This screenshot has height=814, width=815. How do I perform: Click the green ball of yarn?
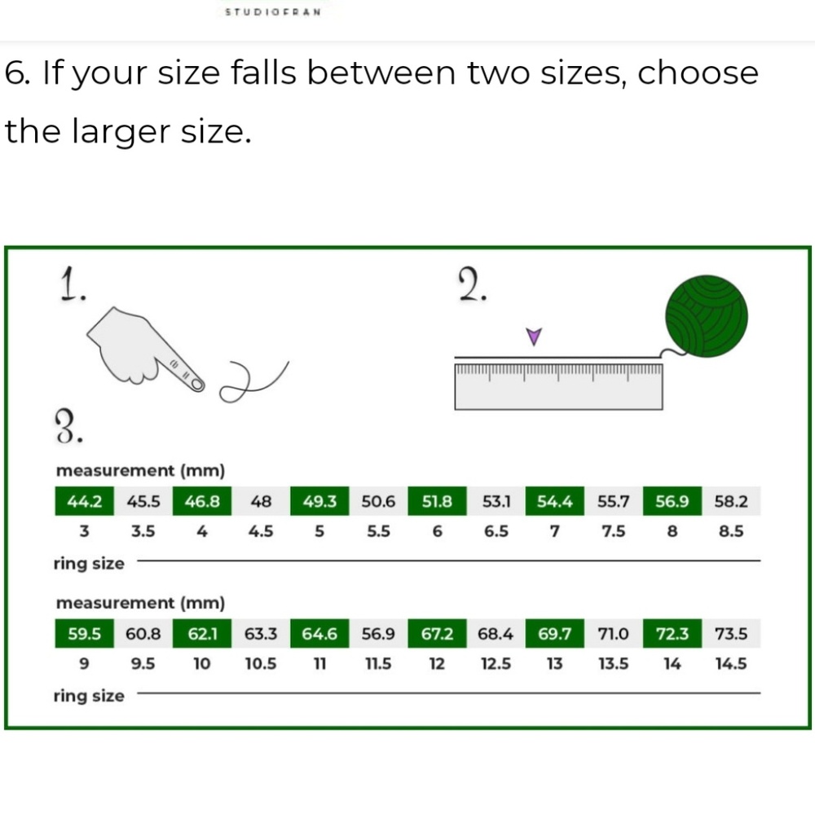point(707,316)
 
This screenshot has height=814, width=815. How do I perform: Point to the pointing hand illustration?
point(145,349)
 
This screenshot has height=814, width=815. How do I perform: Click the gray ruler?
point(558,386)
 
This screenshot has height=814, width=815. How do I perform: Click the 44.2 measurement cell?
point(84,501)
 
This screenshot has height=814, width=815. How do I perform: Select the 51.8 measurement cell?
point(437,501)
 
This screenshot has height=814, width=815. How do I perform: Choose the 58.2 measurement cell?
point(731,501)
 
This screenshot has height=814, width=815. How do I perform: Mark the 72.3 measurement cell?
point(672,634)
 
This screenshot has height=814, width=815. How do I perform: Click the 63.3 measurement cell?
point(261,634)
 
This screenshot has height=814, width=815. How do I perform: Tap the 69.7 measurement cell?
point(554,634)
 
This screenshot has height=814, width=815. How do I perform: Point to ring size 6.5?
point(496,531)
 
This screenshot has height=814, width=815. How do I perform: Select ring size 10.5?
point(261,664)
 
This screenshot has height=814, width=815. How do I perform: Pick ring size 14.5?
point(731,664)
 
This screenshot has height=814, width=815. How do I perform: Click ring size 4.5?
point(261,531)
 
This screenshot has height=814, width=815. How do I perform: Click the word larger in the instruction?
point(121,132)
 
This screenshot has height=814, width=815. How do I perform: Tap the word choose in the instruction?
point(698,73)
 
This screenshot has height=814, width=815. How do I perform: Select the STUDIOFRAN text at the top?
point(273,12)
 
